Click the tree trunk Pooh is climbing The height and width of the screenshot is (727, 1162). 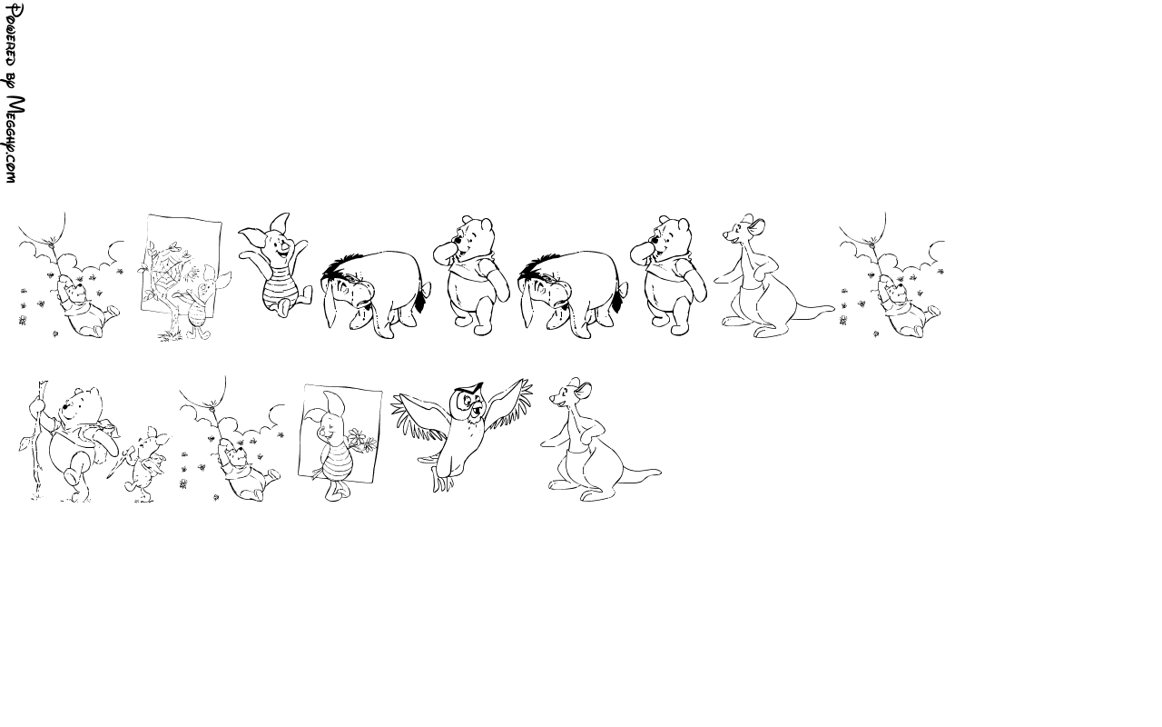click(37, 442)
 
